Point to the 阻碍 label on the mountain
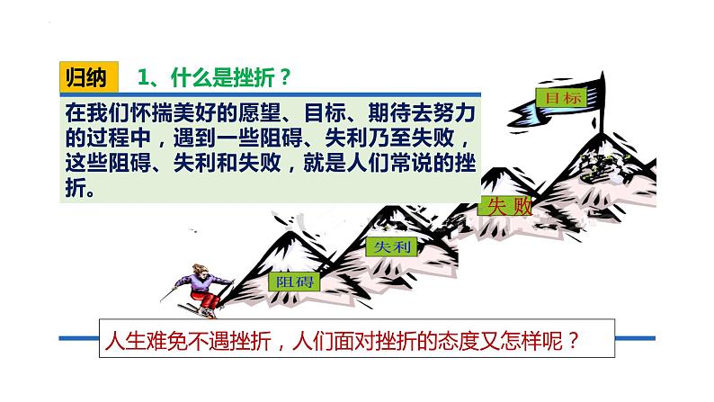pos(290,280)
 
